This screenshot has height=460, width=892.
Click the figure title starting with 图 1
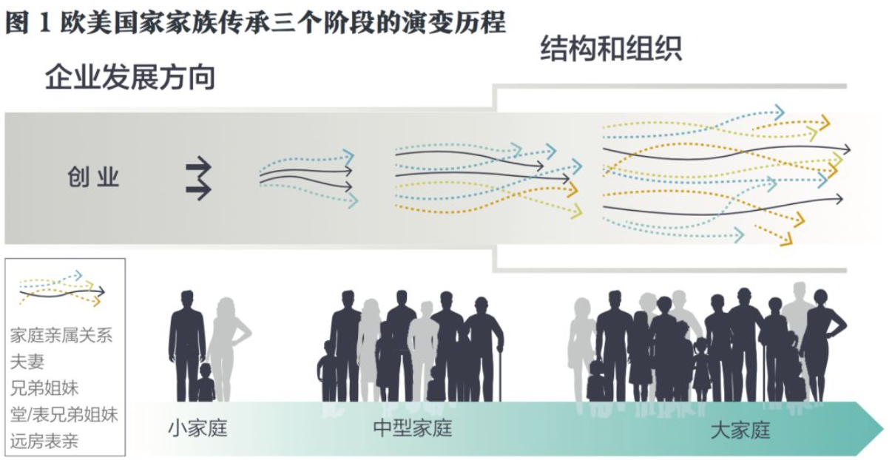coord(256,21)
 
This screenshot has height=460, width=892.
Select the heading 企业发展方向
coord(130,76)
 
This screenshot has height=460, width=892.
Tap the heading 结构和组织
coord(611,49)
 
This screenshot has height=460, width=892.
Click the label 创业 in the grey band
coord(94,177)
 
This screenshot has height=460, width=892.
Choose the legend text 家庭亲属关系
coord(61,335)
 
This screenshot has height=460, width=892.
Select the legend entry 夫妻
coord(27,362)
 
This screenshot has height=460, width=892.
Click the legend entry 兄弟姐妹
coord(44,388)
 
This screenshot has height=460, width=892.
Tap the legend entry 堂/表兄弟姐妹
coord(64,413)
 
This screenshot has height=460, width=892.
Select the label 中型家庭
coord(412,428)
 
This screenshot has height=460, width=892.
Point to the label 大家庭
coord(740,430)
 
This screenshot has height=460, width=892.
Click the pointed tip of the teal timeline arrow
coord(882,428)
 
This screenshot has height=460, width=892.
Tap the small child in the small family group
coord(205,383)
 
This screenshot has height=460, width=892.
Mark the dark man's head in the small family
coord(187,299)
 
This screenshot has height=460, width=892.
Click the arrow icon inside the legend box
coord(62,289)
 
